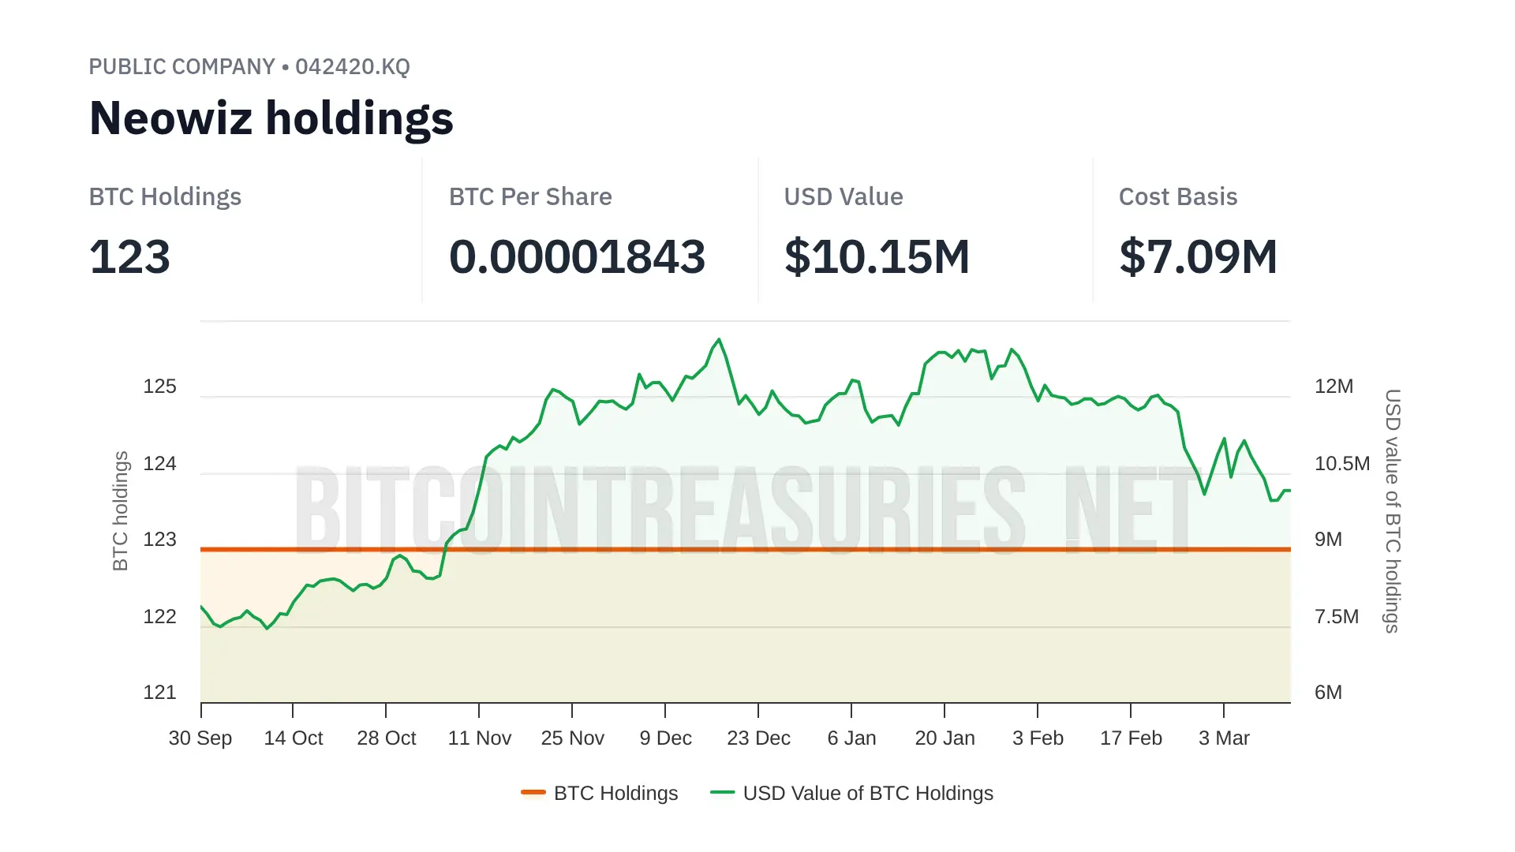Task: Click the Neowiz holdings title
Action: [x=271, y=118]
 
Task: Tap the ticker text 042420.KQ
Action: [x=352, y=67]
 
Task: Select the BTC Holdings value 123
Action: [x=129, y=257]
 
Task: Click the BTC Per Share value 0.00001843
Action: [x=577, y=257]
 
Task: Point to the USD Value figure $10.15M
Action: [x=877, y=257]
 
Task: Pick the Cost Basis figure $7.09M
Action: [x=1198, y=257]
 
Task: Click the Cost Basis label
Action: [x=1177, y=196]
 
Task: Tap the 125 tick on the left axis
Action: [x=159, y=387]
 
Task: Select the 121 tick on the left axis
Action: [x=159, y=693]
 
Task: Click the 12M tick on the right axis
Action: [x=1334, y=387]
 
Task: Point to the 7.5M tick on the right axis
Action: [x=1336, y=617]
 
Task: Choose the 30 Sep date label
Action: [x=200, y=738]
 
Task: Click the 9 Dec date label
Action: [x=665, y=738]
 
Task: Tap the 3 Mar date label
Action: [x=1224, y=738]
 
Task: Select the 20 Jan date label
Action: [x=945, y=738]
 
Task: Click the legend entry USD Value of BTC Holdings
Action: [x=867, y=794]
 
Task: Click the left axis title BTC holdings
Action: [x=120, y=510]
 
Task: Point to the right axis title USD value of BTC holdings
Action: [x=1393, y=510]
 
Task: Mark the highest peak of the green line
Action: [x=719, y=340]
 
